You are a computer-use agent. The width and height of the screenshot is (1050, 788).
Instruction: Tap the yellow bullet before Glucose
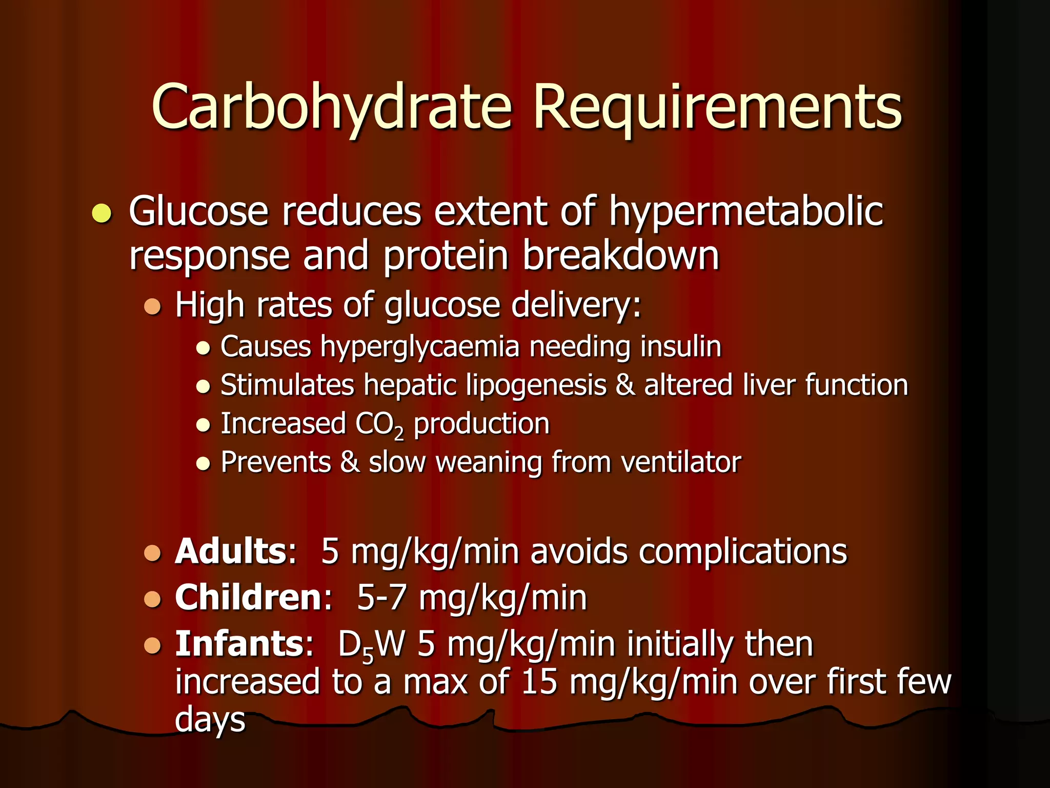pyautogui.click(x=102, y=213)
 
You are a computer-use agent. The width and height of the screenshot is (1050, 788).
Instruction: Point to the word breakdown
pyautogui.click(x=621, y=255)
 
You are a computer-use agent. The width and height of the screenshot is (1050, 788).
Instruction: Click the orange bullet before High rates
pyautogui.click(x=152, y=306)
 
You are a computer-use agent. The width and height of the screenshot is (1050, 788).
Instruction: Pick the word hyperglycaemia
pyautogui.click(x=420, y=347)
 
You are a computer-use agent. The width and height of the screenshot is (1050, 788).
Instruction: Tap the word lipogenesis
pyautogui.click(x=536, y=385)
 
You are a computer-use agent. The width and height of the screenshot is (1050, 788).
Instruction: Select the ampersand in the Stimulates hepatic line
pyautogui.click(x=625, y=385)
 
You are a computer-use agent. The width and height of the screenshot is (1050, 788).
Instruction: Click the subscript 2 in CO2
pyautogui.click(x=399, y=434)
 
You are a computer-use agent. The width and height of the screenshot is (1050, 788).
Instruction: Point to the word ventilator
pyautogui.click(x=681, y=462)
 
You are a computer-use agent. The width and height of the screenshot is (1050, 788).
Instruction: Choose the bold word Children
pyautogui.click(x=248, y=598)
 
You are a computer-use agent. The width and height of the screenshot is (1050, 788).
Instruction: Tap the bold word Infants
pyautogui.click(x=240, y=644)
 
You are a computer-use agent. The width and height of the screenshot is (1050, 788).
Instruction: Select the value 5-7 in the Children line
pyautogui.click(x=381, y=598)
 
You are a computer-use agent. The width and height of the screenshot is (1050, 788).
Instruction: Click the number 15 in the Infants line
pyautogui.click(x=539, y=682)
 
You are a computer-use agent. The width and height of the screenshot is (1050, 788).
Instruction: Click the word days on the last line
pyautogui.click(x=210, y=720)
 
